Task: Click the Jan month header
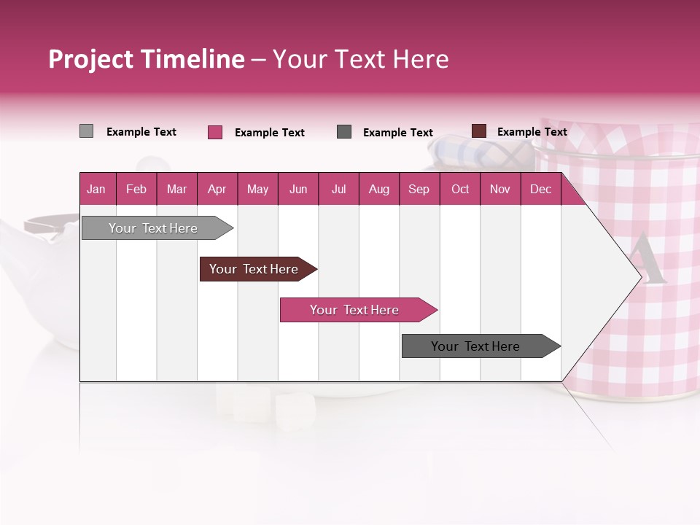click(x=96, y=189)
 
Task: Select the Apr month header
click(x=217, y=189)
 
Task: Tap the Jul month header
click(x=338, y=189)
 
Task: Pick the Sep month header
click(x=419, y=189)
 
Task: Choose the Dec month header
click(x=540, y=189)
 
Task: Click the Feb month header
click(x=136, y=189)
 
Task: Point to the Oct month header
click(x=460, y=189)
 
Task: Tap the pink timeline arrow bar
click(x=355, y=310)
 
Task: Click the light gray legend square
click(x=87, y=131)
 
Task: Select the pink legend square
click(x=215, y=132)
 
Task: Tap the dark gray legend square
click(x=344, y=132)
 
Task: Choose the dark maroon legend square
click(x=479, y=131)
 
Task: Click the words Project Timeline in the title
click(x=147, y=59)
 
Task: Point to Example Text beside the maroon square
click(x=532, y=132)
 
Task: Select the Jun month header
click(x=298, y=189)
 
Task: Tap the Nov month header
click(x=500, y=189)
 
